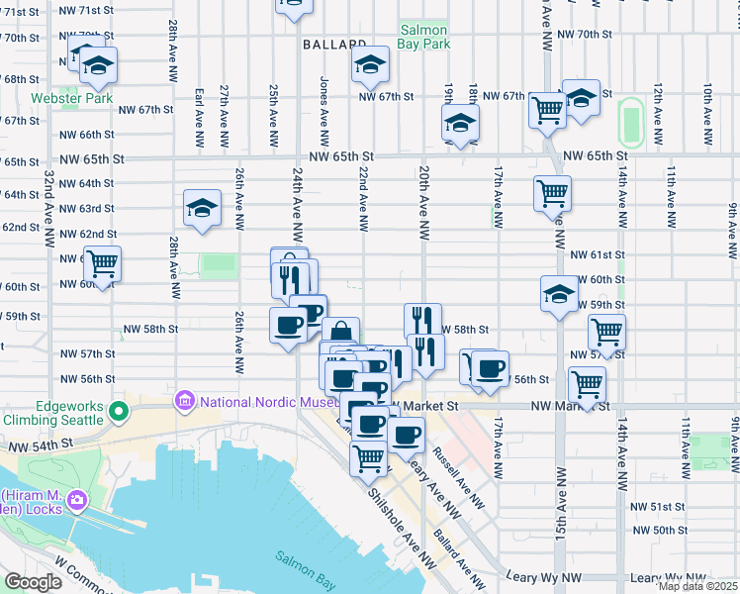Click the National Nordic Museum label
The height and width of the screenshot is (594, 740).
pos(265,402)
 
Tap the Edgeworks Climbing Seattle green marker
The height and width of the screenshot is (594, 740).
pos(119,410)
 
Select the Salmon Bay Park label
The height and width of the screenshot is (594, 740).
pos(423,37)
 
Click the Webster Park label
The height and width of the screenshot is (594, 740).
pos(70,98)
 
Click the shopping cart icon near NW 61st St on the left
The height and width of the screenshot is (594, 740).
pos(102,263)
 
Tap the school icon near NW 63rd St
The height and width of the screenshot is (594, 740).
pos(202,209)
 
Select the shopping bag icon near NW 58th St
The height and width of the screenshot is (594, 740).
pos(340,333)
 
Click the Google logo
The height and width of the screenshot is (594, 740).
pos(32,581)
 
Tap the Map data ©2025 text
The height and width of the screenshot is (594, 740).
pos(696,586)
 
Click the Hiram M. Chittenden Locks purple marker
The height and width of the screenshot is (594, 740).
pos(76,505)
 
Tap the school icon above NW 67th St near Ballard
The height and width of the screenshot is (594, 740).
pos(369,64)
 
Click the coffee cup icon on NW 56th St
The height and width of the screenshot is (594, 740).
pos(489,368)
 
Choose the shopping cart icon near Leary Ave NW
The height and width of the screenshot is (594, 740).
pos(369,457)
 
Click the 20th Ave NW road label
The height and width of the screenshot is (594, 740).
pos(423,203)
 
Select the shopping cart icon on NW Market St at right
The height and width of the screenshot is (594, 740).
pos(588,384)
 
